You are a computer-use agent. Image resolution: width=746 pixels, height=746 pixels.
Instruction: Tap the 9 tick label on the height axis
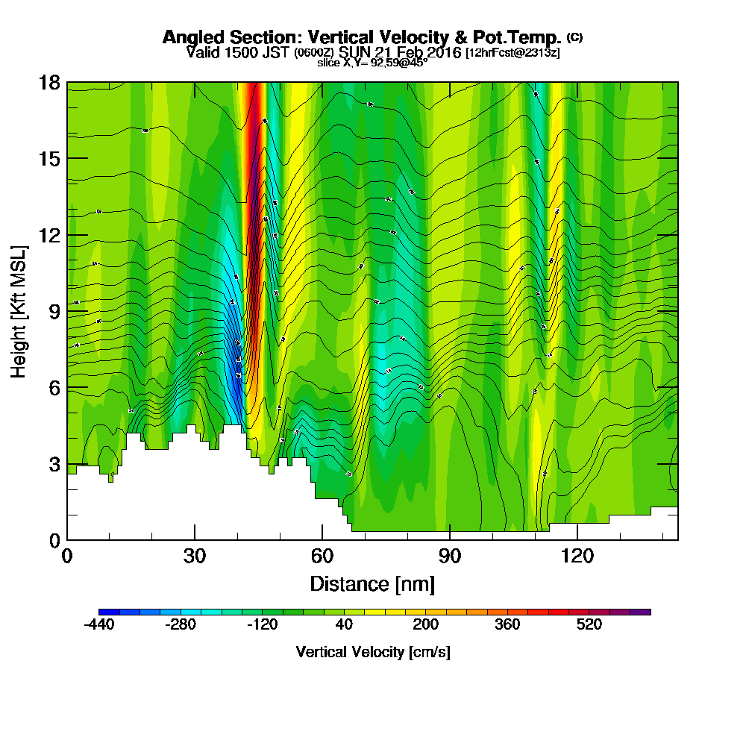pyautogui.click(x=54, y=311)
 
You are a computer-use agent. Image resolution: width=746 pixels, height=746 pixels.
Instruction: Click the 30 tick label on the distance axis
pyautogui.click(x=195, y=557)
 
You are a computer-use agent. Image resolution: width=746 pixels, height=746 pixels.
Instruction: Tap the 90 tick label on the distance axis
pyautogui.click(x=450, y=557)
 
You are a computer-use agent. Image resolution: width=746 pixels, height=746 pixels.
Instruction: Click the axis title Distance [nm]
pyautogui.click(x=372, y=583)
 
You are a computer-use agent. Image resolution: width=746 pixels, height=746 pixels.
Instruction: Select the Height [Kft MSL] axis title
pyautogui.click(x=19, y=310)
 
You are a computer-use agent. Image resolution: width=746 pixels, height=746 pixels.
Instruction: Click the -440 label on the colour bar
pyautogui.click(x=98, y=625)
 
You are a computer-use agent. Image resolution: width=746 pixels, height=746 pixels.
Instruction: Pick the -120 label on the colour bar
pyautogui.click(x=262, y=625)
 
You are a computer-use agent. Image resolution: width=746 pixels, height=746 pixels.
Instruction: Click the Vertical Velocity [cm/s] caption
pyautogui.click(x=372, y=652)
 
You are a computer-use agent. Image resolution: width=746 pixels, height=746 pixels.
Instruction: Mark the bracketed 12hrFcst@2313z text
pyautogui.click(x=512, y=53)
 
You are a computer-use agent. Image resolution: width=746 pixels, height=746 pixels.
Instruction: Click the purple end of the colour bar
pyautogui.click(x=640, y=612)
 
